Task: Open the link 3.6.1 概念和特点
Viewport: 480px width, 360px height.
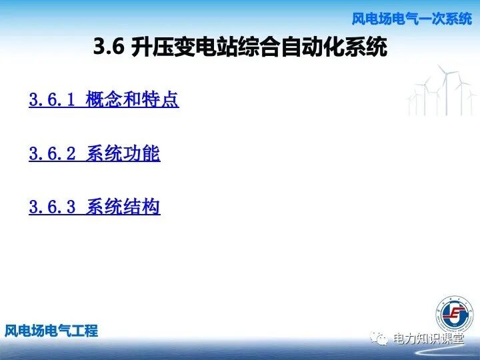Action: [103, 100]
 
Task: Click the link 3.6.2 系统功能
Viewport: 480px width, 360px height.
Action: [94, 154]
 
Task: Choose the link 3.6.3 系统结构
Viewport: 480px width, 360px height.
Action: [94, 207]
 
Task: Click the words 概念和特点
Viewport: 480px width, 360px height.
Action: [132, 100]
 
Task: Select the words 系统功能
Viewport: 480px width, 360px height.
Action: [123, 154]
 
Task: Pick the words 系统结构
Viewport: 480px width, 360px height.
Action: [123, 207]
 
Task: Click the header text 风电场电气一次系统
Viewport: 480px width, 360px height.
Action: [411, 19]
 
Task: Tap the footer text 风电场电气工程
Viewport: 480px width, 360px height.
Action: [51, 331]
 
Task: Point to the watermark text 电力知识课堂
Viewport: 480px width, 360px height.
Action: [428, 339]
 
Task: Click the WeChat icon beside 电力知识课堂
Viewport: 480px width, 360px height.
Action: [380, 339]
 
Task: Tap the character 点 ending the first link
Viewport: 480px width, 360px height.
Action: [170, 100]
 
